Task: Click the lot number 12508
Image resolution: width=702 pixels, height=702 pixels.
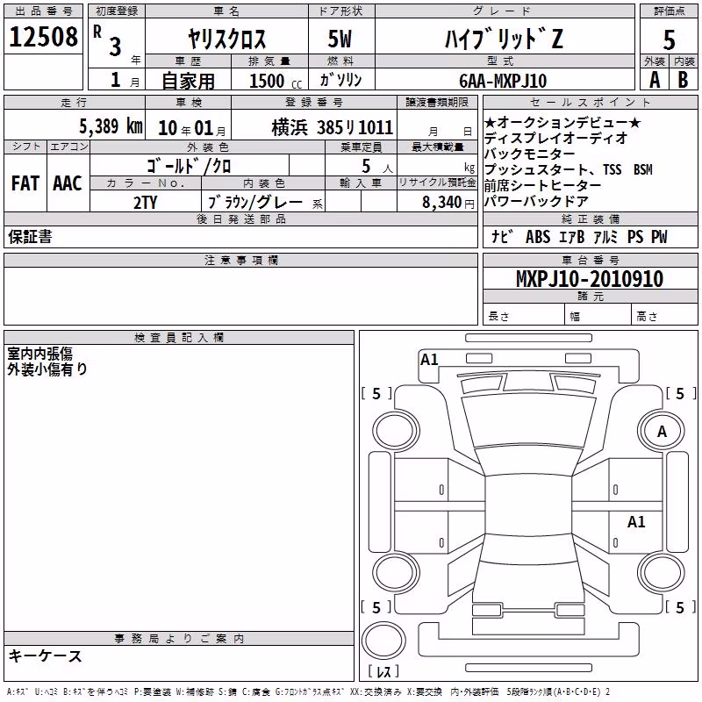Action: [x=43, y=37]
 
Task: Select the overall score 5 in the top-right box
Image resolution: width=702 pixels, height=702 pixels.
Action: [x=669, y=40]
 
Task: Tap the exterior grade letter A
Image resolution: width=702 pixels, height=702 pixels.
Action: [x=655, y=80]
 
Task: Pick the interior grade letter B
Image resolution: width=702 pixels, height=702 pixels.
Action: [x=683, y=80]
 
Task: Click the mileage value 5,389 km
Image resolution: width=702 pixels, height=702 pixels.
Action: [x=111, y=126]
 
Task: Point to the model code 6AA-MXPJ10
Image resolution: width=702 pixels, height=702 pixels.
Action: [x=503, y=81]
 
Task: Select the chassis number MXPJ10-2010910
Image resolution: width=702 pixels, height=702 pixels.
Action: [x=589, y=278]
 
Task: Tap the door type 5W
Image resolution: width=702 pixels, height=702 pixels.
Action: [x=340, y=39]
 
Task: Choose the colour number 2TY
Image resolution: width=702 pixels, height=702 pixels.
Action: [x=145, y=203]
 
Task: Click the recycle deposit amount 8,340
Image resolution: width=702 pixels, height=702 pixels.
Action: [x=441, y=203]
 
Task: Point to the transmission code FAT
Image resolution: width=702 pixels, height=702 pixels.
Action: [x=25, y=183]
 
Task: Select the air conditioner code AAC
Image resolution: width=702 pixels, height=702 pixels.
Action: [x=68, y=183]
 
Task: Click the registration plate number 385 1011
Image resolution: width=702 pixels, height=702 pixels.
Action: [x=355, y=128]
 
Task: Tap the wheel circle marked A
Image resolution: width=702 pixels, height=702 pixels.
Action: [x=662, y=431]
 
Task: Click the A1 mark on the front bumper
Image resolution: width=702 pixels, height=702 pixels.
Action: [x=429, y=360]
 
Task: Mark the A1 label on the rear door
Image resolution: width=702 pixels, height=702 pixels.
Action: [x=636, y=522]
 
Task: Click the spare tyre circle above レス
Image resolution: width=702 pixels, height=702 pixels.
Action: [x=383, y=641]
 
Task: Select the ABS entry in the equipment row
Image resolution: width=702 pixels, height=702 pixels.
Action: [x=538, y=237]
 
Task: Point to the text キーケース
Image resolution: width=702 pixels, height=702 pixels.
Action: [x=46, y=656]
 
